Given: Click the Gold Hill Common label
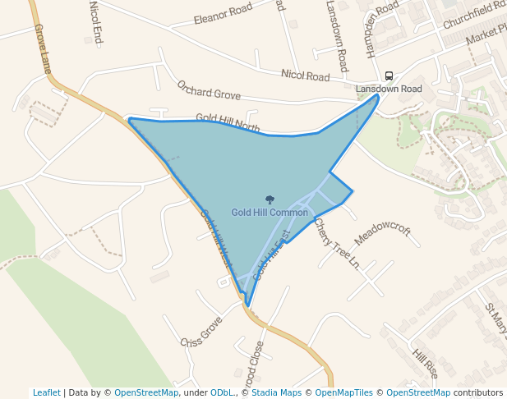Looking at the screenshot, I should coord(270,213).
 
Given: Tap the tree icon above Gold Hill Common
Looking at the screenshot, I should coord(270,199).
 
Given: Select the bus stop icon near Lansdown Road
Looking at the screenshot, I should coord(389,76).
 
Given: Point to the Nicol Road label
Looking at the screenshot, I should coord(305,76).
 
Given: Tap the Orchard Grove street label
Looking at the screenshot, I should coord(209,90).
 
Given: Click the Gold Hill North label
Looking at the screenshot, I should coord(228,122).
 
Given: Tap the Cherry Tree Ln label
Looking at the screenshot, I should coord(337,244).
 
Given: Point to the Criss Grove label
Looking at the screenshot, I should coord(201,331).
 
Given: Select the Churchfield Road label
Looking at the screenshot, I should coord(474,14).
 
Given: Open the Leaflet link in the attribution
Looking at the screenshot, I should coord(47,392).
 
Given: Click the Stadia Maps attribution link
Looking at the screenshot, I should coord(276,392).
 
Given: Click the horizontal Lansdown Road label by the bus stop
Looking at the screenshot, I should coord(389,89).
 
